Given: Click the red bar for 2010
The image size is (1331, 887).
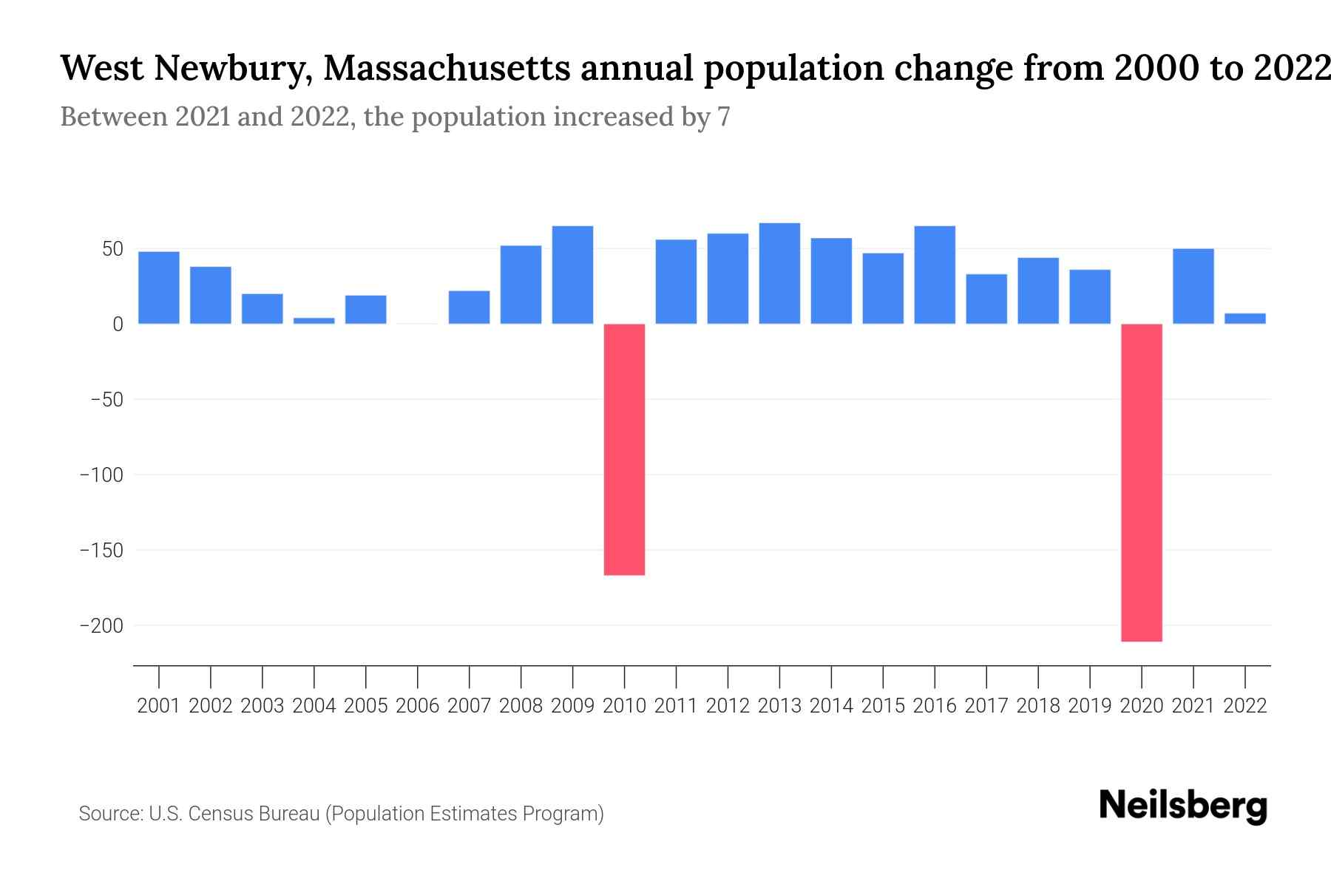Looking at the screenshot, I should point(624,449).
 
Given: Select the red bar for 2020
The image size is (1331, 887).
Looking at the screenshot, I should point(1142,482).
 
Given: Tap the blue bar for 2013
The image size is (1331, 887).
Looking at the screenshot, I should point(779,273).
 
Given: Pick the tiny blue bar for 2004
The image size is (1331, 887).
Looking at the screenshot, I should point(314,321).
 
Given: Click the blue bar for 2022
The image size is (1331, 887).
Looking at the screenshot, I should point(1245,319).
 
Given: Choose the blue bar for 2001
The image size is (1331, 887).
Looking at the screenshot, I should point(159,288).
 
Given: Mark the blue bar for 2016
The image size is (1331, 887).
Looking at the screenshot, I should point(935,275).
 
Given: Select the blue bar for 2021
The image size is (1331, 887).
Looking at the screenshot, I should point(1193,286).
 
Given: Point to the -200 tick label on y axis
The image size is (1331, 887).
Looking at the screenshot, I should point(101,626).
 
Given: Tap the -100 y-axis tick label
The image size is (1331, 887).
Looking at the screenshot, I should point(101,475).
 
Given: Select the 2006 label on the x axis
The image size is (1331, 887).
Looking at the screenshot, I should point(418,706).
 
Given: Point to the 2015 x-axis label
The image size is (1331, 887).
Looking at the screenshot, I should point(883,706).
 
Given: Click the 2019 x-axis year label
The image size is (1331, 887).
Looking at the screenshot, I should point(1090,706).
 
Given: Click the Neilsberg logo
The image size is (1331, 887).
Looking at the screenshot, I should point(1183,806).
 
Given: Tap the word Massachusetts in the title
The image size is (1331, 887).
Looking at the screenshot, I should point(447,68).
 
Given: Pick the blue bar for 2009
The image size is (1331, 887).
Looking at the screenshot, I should point(573,275).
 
